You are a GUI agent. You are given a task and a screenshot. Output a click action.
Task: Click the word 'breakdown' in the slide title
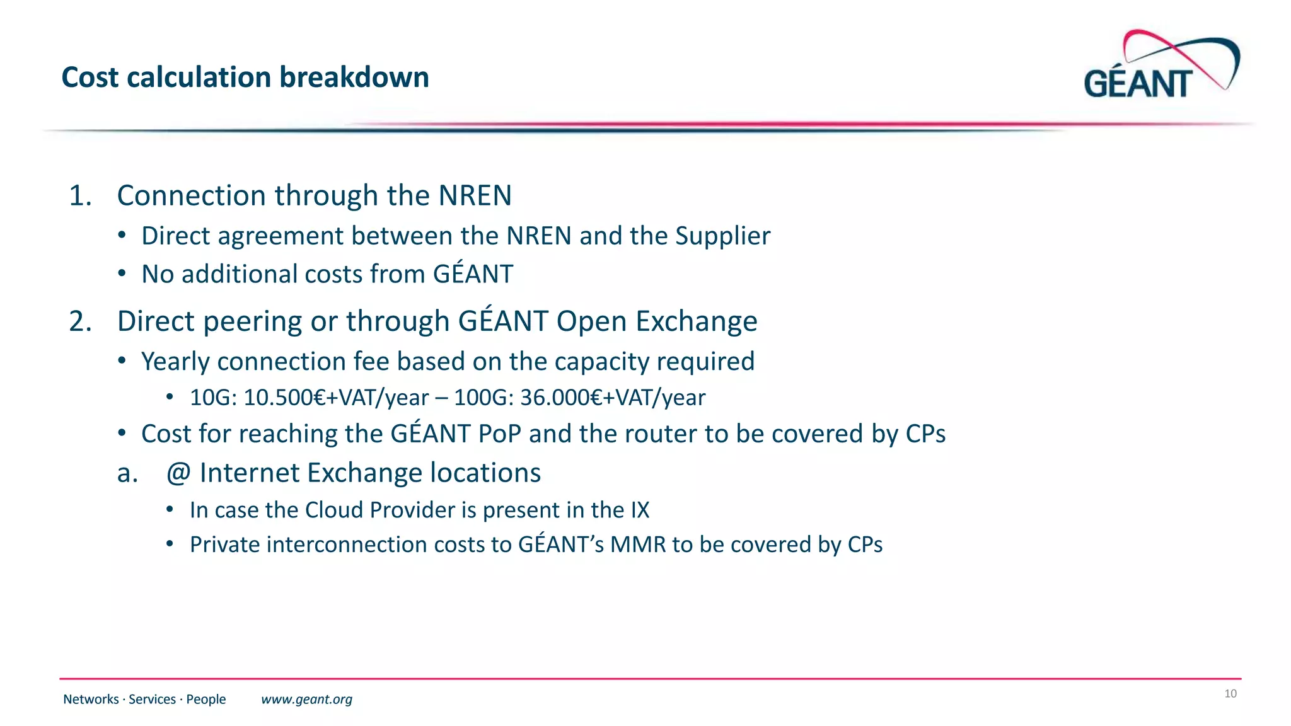pos(354,78)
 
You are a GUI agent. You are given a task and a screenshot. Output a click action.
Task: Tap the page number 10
pos(1230,694)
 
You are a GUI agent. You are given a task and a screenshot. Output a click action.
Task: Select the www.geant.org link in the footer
pos(306,700)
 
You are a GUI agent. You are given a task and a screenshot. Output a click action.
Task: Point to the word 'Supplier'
pos(722,236)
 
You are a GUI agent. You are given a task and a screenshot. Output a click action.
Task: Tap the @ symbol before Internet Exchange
pos(178,473)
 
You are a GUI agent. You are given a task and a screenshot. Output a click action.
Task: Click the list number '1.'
pos(80,196)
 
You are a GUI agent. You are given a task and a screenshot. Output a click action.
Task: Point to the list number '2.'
pos(80,321)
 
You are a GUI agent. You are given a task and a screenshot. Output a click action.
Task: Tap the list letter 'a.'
pos(127,473)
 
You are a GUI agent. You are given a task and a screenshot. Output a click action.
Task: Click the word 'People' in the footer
pos(206,700)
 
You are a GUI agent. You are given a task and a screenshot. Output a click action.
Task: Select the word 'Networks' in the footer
pos(91,700)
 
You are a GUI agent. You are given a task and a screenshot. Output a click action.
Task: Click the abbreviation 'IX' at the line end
pos(640,510)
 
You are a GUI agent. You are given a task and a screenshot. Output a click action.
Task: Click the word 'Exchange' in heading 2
pos(696,321)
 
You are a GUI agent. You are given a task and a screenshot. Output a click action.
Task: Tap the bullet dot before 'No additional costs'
pos(122,274)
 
